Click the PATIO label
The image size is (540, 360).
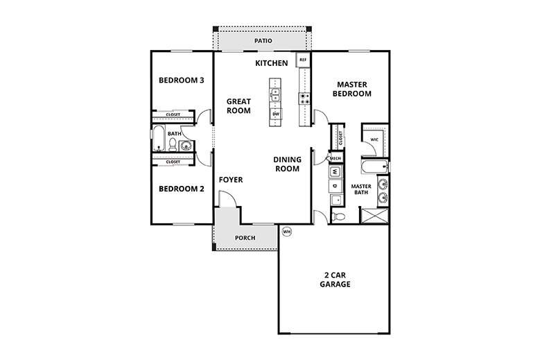pyautogui.click(x=263, y=41)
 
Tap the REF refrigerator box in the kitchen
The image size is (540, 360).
pyautogui.click(x=303, y=60)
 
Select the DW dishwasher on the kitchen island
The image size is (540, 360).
pyautogui.click(x=275, y=113)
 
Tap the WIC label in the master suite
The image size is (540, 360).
pyautogui.click(x=374, y=139)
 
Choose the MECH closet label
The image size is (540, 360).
pyautogui.click(x=335, y=158)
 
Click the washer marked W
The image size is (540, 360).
pyautogui.click(x=335, y=171)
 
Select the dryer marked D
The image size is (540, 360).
pyautogui.click(x=335, y=185)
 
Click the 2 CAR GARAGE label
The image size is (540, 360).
pyautogui.click(x=335, y=279)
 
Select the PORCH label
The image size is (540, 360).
pyautogui.click(x=245, y=238)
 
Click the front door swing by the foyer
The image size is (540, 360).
pyautogui.click(x=229, y=199)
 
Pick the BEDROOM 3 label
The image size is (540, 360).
pyautogui.click(x=181, y=80)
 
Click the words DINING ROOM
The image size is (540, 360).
pyautogui.click(x=286, y=163)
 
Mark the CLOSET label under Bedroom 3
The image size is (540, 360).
pyautogui.click(x=173, y=114)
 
